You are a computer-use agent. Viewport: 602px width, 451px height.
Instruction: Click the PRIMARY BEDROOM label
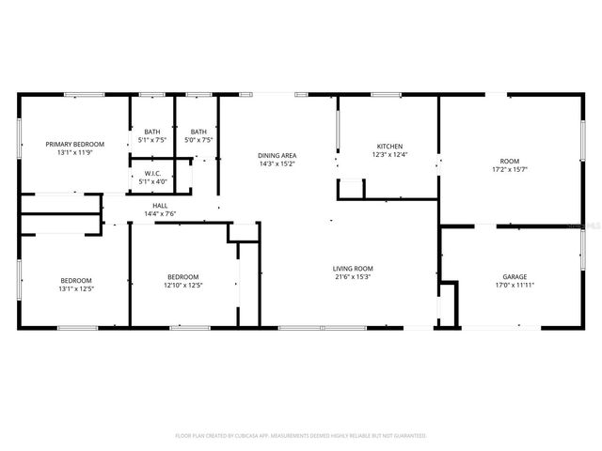pyautogui.click(x=75, y=144)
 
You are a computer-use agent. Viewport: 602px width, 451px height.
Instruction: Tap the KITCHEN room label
pyautogui.click(x=389, y=147)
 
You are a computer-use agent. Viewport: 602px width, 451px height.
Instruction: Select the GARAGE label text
pyautogui.click(x=514, y=277)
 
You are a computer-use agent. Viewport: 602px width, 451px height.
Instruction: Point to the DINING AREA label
pyautogui.click(x=277, y=155)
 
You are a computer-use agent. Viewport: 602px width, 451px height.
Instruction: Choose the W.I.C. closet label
pyautogui.click(x=151, y=174)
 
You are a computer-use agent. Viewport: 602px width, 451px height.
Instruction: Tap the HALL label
pyautogui.click(x=160, y=206)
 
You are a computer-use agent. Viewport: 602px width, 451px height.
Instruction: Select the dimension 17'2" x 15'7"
pyautogui.click(x=509, y=170)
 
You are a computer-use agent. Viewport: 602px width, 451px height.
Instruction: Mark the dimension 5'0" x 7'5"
pyautogui.click(x=198, y=140)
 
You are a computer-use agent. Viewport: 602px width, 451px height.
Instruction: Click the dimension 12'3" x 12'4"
pyautogui.click(x=389, y=155)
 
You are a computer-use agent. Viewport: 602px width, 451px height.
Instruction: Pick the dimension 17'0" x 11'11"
pyautogui.click(x=514, y=286)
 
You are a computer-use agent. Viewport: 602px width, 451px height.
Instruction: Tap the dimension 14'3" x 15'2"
pyautogui.click(x=277, y=163)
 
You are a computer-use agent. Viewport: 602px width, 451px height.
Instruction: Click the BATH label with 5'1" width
pyautogui.click(x=151, y=132)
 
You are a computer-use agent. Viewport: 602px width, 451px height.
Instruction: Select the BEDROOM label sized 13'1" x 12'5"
pyautogui.click(x=76, y=280)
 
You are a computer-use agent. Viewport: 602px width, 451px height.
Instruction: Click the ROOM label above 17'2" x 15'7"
pyautogui.click(x=509, y=162)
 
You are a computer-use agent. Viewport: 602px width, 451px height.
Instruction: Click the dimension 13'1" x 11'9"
pyautogui.click(x=75, y=152)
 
